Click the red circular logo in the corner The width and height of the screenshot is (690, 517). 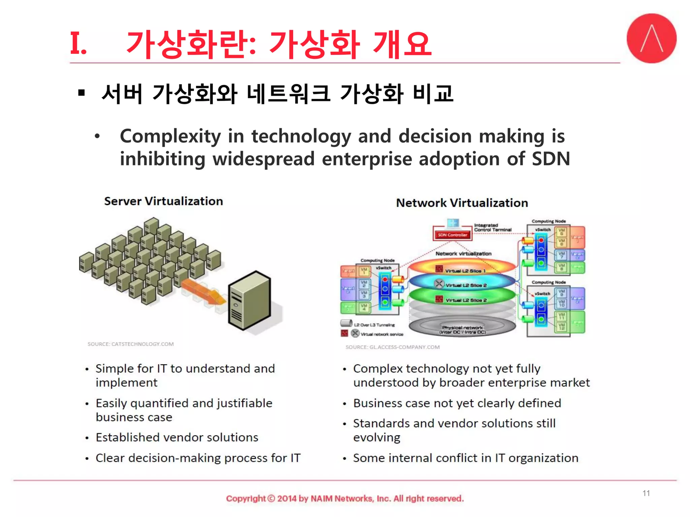click(x=651, y=38)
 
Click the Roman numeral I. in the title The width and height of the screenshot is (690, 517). click(x=78, y=43)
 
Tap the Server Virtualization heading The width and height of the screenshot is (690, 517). click(x=163, y=201)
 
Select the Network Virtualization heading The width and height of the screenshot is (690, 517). click(x=462, y=203)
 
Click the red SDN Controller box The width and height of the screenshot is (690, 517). click(x=452, y=235)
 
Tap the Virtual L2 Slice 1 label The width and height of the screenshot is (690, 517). click(x=465, y=271)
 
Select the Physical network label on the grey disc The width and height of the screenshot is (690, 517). click(x=463, y=330)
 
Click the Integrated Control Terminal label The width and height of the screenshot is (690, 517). click(x=492, y=228)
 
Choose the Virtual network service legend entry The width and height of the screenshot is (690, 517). click(x=382, y=334)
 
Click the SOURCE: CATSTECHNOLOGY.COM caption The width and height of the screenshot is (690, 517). click(x=131, y=344)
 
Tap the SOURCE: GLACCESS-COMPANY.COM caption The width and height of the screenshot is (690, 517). click(x=393, y=347)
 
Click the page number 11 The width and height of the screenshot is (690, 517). click(x=646, y=493)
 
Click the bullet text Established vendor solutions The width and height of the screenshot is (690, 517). click(x=177, y=437)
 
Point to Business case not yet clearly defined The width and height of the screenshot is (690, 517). click(x=457, y=403)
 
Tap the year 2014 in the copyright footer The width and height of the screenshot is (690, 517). click(x=287, y=498)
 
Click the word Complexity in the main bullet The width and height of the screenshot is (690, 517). click(x=170, y=136)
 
